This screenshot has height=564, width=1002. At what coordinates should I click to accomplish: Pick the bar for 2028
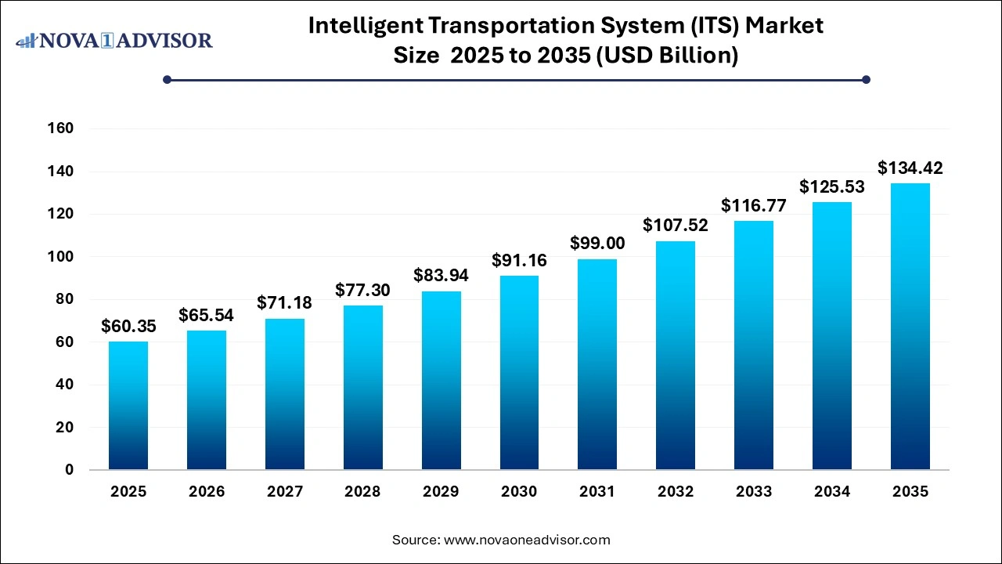362,388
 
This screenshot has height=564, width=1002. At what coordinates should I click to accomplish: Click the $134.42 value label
910,168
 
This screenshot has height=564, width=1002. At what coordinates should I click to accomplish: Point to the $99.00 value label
597,244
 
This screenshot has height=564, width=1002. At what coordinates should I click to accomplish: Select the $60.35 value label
128,326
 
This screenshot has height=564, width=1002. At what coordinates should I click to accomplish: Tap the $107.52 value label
676,226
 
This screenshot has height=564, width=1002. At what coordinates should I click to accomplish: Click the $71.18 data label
285,303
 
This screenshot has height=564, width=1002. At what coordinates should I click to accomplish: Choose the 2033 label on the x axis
754,492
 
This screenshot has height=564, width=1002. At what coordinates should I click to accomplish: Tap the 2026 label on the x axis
207,492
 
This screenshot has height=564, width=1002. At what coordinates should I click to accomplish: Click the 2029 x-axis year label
441,492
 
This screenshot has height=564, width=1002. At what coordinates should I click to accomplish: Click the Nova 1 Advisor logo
114,40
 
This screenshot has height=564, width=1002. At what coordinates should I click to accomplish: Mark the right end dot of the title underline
866,79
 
